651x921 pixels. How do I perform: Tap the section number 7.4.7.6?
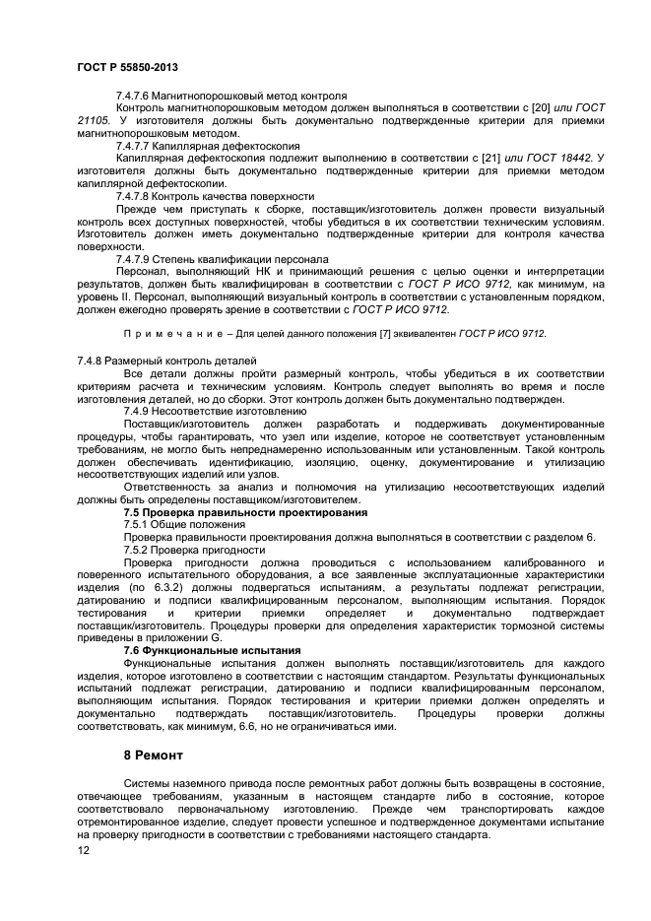tap(135, 95)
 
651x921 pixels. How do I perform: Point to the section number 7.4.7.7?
tap(135, 145)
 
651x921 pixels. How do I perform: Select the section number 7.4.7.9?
tap(135, 259)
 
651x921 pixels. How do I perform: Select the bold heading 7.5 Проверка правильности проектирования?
tap(244, 513)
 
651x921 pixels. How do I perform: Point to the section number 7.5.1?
tap(138, 525)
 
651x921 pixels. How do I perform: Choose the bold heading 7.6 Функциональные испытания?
tap(211, 651)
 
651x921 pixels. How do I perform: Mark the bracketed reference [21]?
tap(488, 158)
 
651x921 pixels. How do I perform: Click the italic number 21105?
tap(97, 120)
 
